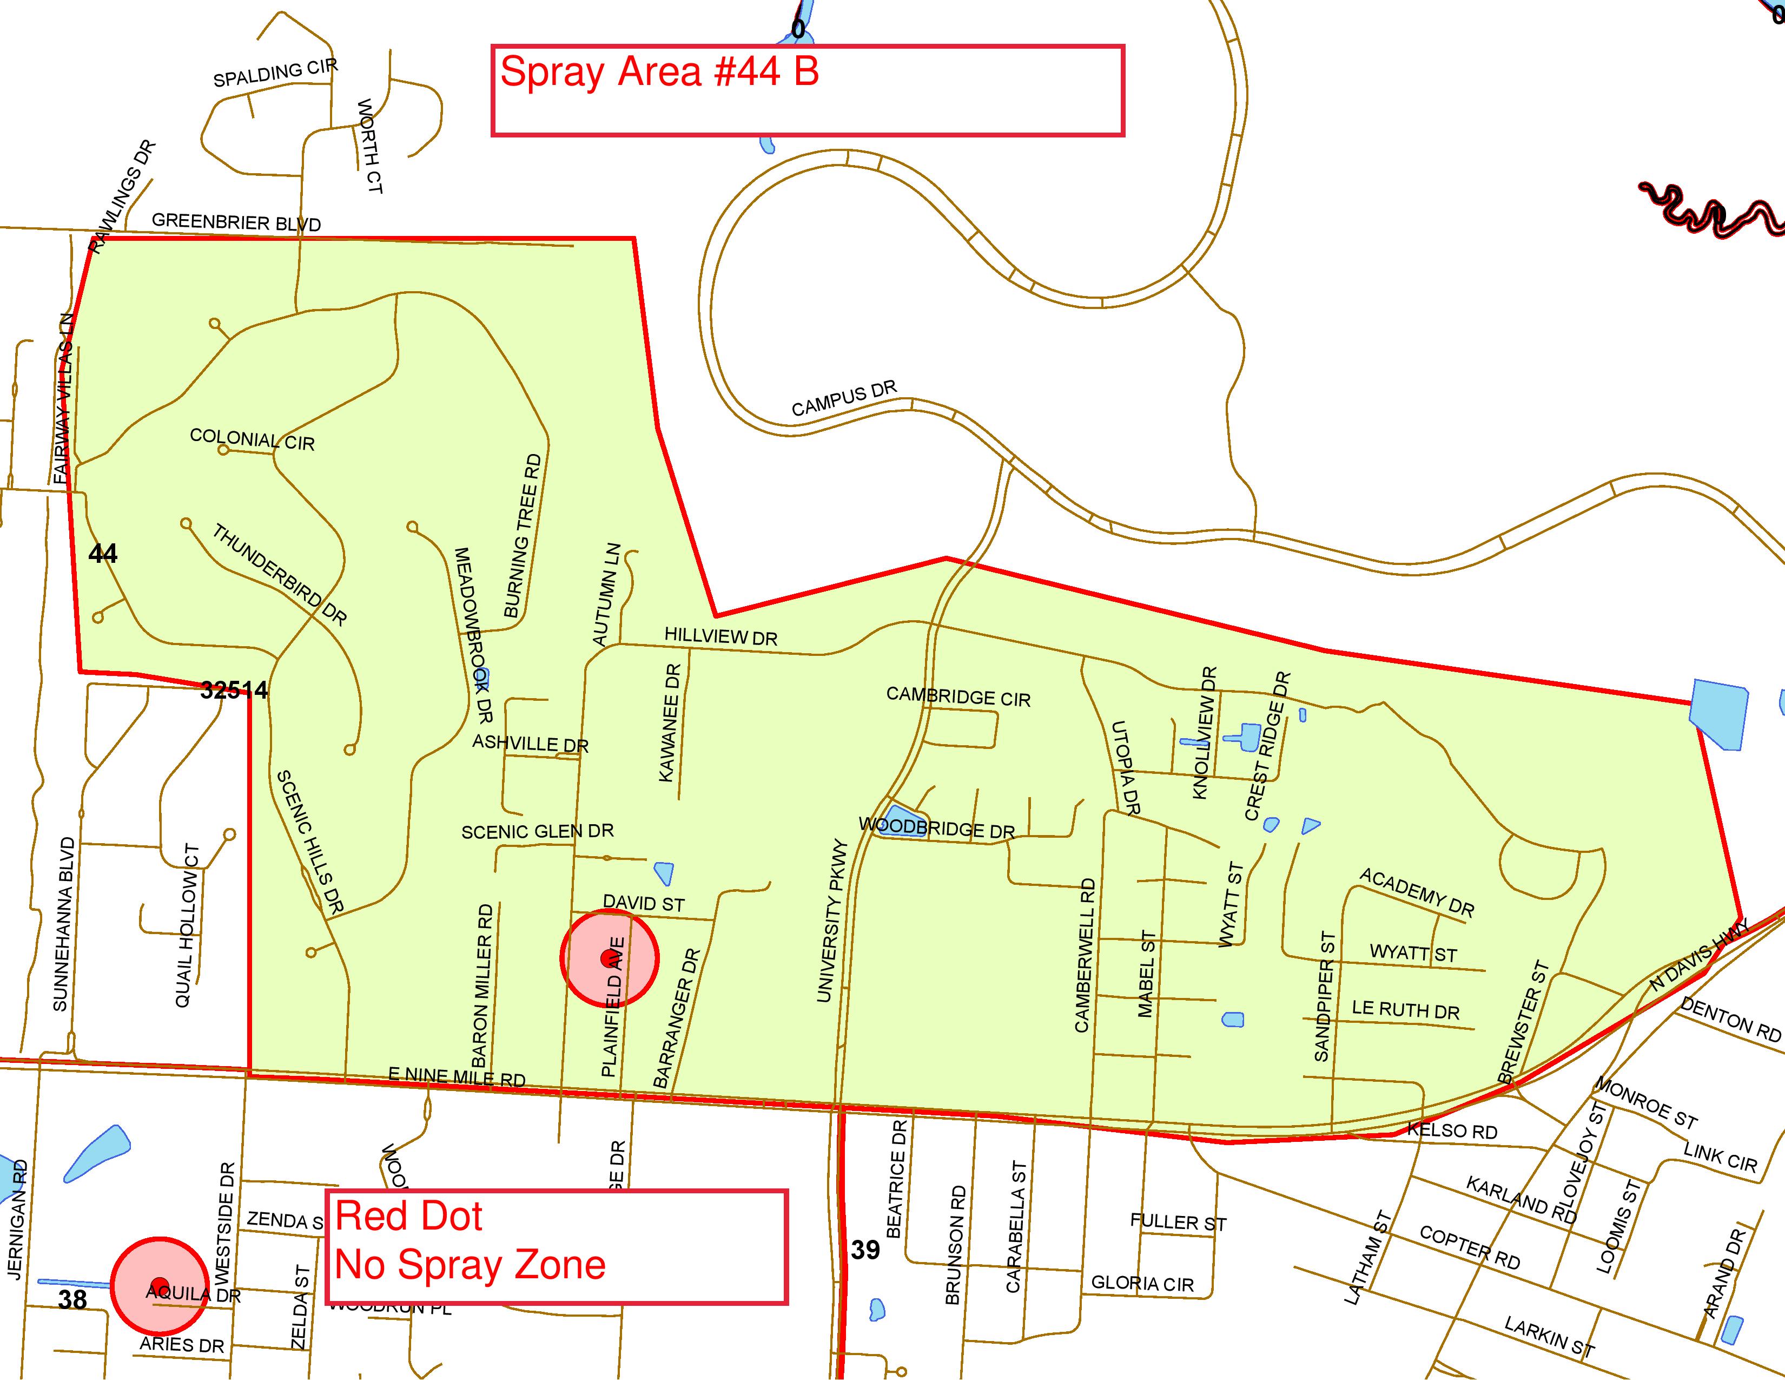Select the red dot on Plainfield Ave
point(606,957)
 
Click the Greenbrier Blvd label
point(236,222)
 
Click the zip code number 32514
point(234,691)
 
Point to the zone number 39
point(865,1249)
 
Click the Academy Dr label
point(1417,893)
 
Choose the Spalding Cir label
point(275,73)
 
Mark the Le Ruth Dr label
point(1405,1010)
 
